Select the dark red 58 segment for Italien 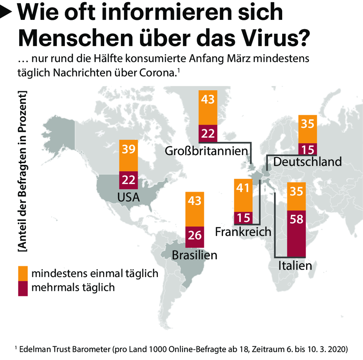[x=296, y=233]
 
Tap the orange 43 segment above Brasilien [x=195, y=209]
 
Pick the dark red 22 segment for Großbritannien [x=208, y=133]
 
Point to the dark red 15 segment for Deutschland [x=308, y=149]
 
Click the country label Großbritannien [x=206, y=151]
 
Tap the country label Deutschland [x=307, y=162]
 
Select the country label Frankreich [x=243, y=232]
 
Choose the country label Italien [x=295, y=265]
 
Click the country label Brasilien [x=194, y=255]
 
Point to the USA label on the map [x=128, y=198]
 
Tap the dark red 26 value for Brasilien [x=195, y=236]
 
